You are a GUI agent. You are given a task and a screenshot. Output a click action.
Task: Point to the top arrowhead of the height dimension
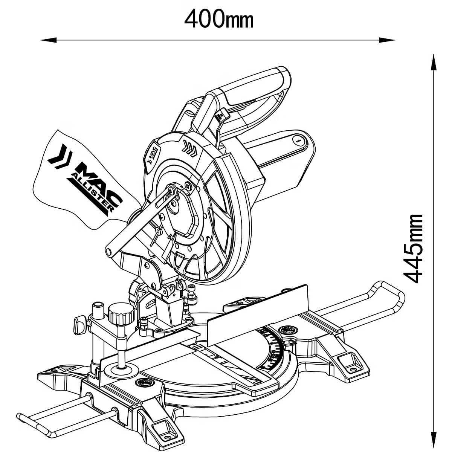[x=434, y=62]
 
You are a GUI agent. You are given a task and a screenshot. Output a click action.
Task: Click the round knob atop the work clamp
[x=121, y=313]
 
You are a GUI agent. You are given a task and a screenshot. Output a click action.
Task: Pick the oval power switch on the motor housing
[x=297, y=140]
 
